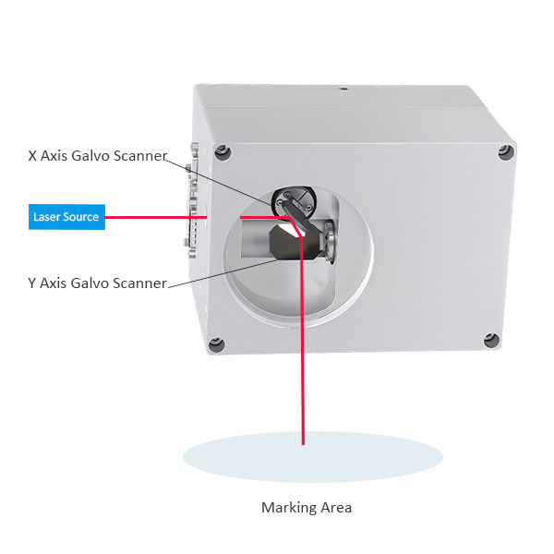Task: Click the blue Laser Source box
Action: (x=66, y=217)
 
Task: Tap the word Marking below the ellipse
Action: (x=285, y=508)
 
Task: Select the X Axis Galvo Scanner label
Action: (x=98, y=155)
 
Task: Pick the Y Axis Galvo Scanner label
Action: (x=97, y=283)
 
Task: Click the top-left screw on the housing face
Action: (x=223, y=153)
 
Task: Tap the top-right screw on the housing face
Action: (x=506, y=152)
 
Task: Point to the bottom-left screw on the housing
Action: (x=216, y=344)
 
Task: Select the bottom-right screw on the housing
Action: (x=491, y=341)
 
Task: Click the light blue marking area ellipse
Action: (x=313, y=456)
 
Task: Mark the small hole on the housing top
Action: (x=343, y=89)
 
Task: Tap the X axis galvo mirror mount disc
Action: (x=294, y=202)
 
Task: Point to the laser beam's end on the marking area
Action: (x=303, y=443)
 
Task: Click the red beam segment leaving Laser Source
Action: (x=156, y=217)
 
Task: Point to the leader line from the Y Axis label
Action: (x=223, y=273)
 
